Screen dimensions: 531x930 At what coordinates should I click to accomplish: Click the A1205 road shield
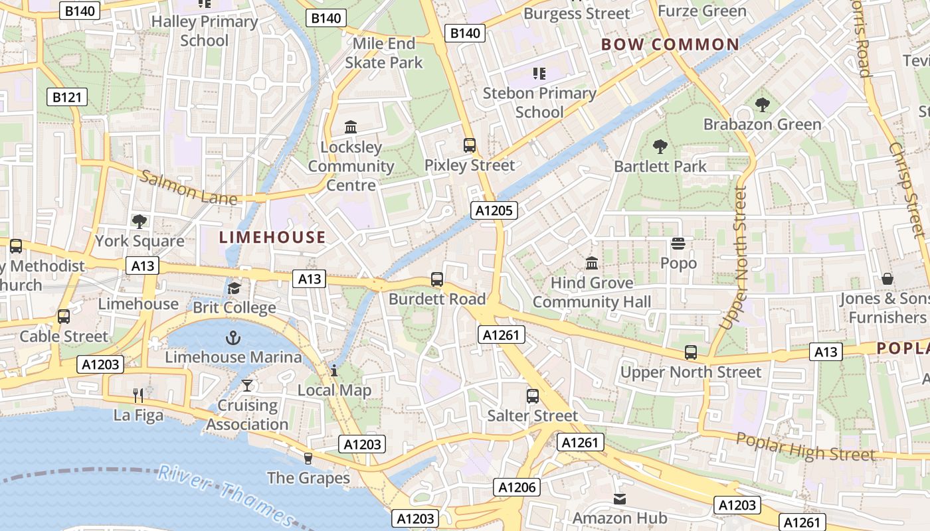click(494, 210)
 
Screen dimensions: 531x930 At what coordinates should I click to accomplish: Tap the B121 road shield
click(67, 98)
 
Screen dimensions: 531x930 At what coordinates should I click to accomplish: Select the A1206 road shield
click(517, 487)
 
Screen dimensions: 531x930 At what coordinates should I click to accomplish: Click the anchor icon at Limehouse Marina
click(232, 339)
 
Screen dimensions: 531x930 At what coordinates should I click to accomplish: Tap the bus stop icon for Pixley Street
click(470, 145)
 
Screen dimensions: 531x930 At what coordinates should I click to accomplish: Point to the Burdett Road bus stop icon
click(436, 279)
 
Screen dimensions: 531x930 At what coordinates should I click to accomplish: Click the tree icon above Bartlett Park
click(660, 147)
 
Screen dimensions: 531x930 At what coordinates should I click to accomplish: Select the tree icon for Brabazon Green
click(762, 105)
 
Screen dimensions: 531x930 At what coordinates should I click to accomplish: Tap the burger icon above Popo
click(678, 244)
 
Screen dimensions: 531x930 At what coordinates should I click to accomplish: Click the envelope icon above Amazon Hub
click(619, 498)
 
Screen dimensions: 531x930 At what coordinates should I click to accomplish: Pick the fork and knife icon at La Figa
click(138, 396)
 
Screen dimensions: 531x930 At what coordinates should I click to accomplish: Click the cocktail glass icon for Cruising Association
click(247, 386)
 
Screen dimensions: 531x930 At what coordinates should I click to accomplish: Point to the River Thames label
click(225, 494)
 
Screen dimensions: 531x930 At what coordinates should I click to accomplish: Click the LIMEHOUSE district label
click(272, 237)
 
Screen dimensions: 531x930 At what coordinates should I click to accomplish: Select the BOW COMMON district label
click(670, 45)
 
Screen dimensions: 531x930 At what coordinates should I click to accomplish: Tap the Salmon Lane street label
click(189, 188)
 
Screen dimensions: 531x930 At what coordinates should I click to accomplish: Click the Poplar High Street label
click(805, 447)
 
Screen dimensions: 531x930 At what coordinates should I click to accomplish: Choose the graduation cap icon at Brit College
click(234, 288)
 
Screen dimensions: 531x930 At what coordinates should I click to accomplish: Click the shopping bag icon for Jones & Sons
click(887, 279)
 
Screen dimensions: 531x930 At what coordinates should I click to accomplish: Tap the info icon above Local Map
click(334, 370)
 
